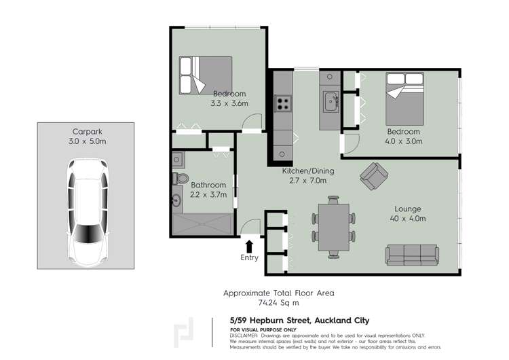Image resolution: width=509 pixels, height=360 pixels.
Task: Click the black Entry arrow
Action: [249, 246]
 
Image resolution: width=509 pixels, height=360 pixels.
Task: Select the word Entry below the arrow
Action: [249, 258]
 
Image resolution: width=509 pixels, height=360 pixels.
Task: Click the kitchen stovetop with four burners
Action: [282, 105]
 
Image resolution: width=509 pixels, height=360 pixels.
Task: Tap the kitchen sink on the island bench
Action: [331, 103]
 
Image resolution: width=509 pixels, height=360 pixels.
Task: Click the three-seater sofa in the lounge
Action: [413, 254]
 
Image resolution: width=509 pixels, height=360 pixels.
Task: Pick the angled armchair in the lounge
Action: [373, 176]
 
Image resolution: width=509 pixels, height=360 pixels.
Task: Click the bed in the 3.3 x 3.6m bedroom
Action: [205, 75]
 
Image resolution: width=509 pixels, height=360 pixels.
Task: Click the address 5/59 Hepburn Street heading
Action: [299, 321]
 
